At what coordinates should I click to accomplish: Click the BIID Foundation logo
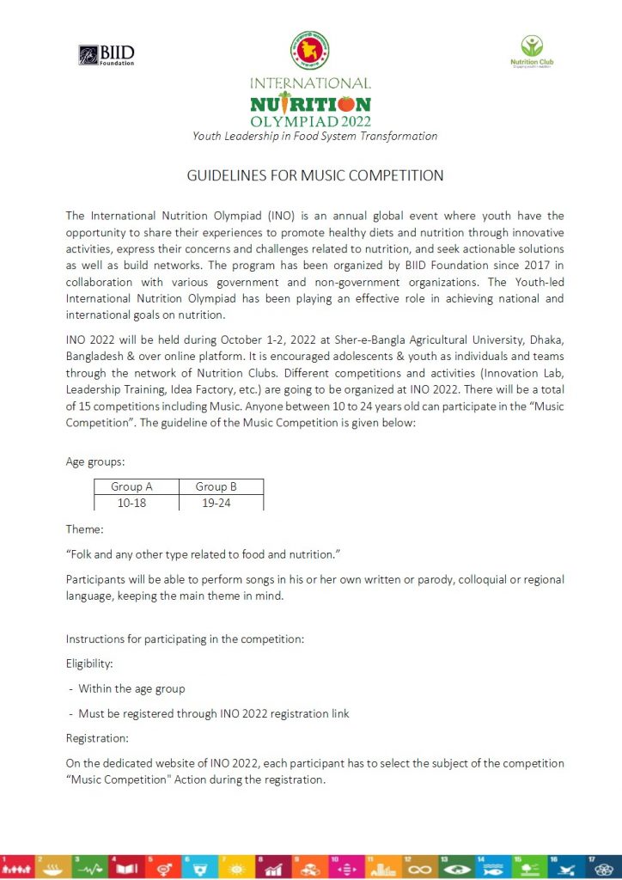tap(107, 55)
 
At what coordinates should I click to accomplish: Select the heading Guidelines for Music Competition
tap(315, 175)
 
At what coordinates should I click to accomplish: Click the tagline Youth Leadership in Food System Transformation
tap(314, 136)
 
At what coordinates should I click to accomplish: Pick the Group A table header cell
tap(132, 486)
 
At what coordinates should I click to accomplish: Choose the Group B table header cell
tap(216, 486)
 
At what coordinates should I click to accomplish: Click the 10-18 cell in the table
tap(132, 503)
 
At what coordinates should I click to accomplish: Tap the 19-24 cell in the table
tap(216, 503)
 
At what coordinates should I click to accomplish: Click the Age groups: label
tap(95, 461)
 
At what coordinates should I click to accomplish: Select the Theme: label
tap(84, 529)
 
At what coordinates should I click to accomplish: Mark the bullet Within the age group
tap(131, 688)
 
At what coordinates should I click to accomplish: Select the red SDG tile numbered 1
tap(18, 866)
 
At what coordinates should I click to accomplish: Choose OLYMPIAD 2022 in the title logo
tap(310, 120)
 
